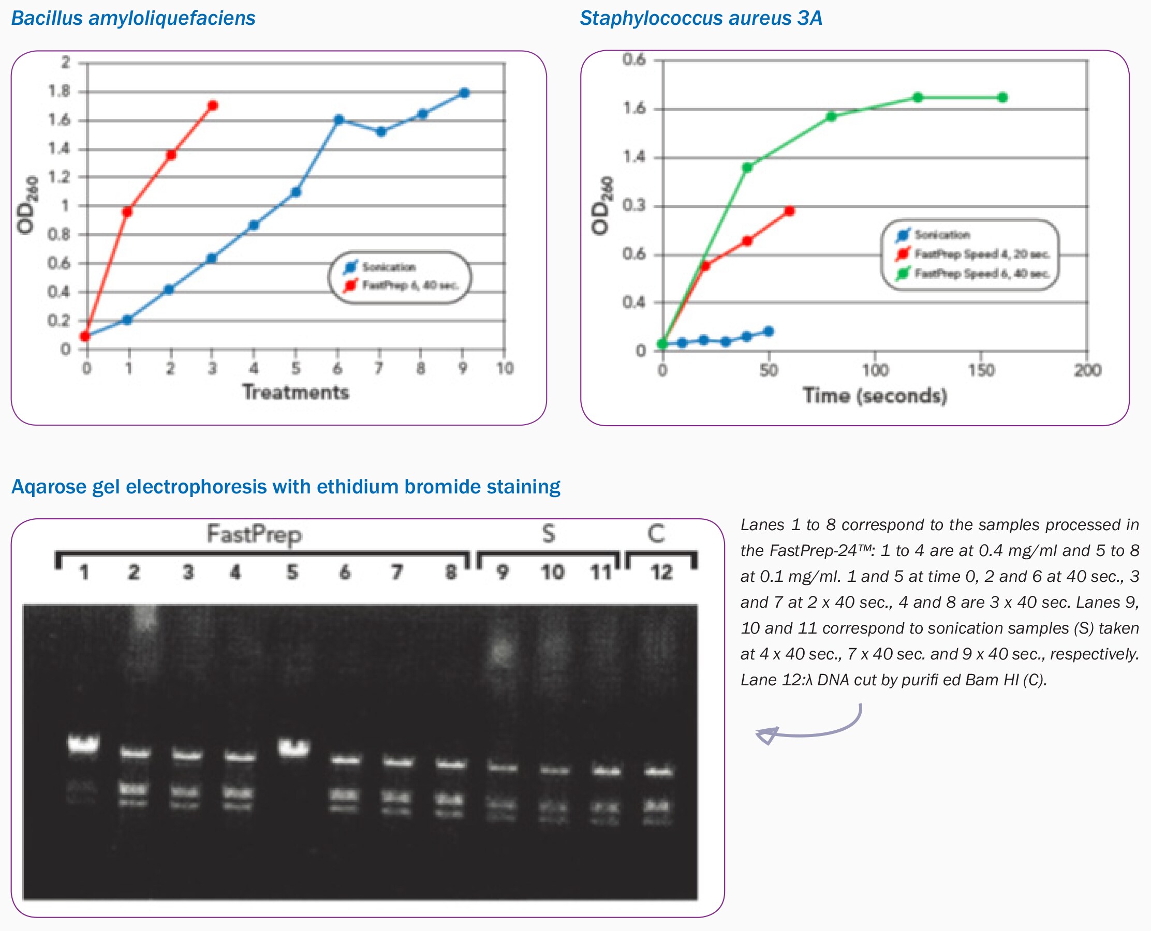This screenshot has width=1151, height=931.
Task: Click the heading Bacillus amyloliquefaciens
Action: [133, 18]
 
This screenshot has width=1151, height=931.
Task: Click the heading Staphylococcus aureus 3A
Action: [700, 18]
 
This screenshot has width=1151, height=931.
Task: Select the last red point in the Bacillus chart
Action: [213, 106]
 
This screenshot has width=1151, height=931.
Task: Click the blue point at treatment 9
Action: [465, 93]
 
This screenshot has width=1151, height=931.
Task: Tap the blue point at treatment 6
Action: [338, 119]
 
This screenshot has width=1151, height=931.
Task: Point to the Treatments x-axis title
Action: [296, 392]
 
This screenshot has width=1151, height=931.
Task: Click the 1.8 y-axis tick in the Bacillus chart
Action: [60, 91]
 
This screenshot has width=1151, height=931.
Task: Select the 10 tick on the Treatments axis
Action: [505, 368]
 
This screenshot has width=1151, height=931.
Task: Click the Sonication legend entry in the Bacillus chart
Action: [388, 267]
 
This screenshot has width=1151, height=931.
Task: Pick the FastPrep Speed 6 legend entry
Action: [981, 274]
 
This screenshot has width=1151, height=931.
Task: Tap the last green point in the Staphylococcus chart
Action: [1002, 98]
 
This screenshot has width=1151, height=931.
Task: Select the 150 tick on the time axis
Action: [981, 370]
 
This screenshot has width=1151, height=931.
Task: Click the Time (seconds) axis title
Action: [875, 396]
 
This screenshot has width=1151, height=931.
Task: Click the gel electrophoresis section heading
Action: [286, 486]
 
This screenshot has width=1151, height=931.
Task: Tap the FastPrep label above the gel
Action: [254, 534]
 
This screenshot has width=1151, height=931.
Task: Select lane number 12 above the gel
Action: [661, 572]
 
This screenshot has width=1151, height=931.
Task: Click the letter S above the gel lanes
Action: [548, 534]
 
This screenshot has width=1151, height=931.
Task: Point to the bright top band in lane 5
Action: [293, 747]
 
